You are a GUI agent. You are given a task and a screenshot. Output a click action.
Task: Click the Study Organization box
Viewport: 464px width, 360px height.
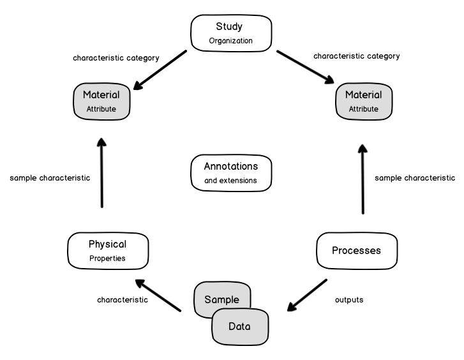(x=231, y=34)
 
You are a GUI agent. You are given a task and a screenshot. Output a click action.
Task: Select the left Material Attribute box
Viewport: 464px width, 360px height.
(x=101, y=101)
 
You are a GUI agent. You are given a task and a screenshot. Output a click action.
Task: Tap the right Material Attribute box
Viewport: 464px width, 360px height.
(x=363, y=101)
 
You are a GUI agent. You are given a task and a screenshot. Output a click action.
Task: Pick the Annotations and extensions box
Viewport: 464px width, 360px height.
(x=231, y=172)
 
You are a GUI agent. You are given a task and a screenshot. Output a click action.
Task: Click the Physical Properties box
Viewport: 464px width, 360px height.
(x=107, y=251)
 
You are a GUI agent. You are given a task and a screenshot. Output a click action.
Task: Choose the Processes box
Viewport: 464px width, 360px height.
(x=356, y=250)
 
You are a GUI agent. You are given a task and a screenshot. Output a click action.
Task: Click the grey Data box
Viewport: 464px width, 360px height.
(x=241, y=326)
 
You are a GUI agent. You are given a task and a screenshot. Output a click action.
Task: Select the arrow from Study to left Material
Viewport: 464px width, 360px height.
(x=160, y=70)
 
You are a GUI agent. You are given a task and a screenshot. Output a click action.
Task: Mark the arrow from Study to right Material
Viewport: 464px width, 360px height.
(x=306, y=67)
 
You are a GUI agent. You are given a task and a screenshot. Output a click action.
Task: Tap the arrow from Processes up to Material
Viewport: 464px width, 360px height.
(x=363, y=179)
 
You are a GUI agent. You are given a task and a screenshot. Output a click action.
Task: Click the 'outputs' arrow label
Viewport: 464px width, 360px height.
(x=349, y=299)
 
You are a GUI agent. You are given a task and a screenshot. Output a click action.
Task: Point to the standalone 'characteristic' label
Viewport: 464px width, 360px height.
(x=123, y=299)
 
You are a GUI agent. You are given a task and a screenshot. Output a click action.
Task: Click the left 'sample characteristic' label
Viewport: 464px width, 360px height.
(x=50, y=178)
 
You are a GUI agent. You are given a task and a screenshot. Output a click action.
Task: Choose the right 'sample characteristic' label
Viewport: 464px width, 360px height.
(x=415, y=178)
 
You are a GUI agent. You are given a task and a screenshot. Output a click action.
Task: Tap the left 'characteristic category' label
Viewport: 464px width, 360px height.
(x=116, y=58)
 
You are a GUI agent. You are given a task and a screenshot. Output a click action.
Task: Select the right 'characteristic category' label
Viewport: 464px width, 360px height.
(x=356, y=56)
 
